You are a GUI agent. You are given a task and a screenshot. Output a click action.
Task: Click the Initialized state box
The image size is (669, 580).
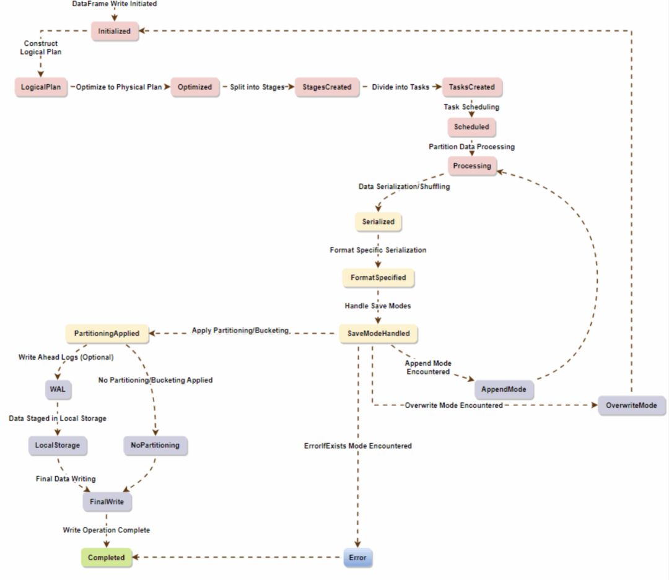pyautogui.click(x=115, y=31)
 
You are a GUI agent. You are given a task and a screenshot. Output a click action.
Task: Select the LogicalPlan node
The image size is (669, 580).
pyautogui.click(x=40, y=87)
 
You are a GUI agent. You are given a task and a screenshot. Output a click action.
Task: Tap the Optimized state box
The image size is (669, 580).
pyautogui.click(x=195, y=87)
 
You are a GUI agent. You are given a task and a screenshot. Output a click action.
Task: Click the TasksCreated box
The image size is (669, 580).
pyautogui.click(x=472, y=87)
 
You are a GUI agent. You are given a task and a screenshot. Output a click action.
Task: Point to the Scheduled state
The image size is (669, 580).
pyautogui.click(x=472, y=127)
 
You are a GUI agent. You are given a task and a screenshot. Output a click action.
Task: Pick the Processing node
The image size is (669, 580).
pyautogui.click(x=472, y=166)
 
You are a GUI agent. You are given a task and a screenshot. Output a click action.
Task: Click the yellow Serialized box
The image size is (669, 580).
pyautogui.click(x=378, y=221)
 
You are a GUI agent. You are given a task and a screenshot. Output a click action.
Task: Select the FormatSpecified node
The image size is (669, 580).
pyautogui.click(x=378, y=278)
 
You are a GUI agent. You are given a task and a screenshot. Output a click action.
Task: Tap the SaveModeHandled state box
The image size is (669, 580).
pyautogui.click(x=378, y=334)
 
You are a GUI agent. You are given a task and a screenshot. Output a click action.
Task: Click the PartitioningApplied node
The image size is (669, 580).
pyautogui.click(x=107, y=334)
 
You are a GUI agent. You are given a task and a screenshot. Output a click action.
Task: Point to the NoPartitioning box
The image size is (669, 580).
pyautogui.click(x=155, y=445)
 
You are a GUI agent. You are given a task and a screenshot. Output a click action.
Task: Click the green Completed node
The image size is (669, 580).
pyautogui.click(x=107, y=558)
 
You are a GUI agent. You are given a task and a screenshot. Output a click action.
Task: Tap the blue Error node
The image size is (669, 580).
pyautogui.click(x=358, y=558)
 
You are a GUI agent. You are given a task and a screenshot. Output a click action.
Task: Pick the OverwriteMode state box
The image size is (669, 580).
pyautogui.click(x=632, y=406)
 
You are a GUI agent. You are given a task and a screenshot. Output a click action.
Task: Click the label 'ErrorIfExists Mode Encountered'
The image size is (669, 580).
pyautogui.click(x=358, y=446)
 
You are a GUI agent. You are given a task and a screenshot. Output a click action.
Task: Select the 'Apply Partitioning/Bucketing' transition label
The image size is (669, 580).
pyautogui.click(x=240, y=331)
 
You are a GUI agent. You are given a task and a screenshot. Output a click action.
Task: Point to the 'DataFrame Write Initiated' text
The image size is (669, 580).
pyautogui.click(x=115, y=4)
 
